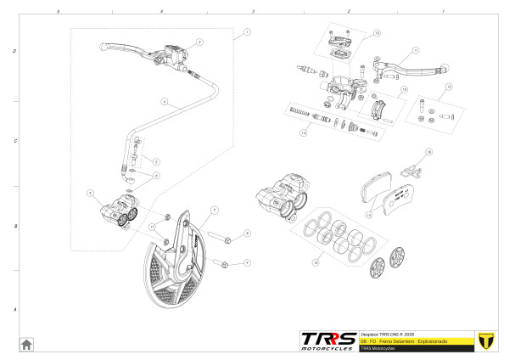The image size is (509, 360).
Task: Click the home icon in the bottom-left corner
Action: click(x=26, y=344)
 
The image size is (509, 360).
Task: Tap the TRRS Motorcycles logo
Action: click(x=327, y=340)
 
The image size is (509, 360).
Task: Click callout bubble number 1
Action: click(x=247, y=31)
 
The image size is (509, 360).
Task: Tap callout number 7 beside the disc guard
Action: click(x=215, y=209)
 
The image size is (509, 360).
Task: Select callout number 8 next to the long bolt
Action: click(x=246, y=233)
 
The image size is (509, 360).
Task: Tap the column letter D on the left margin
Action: click(x=15, y=51)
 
